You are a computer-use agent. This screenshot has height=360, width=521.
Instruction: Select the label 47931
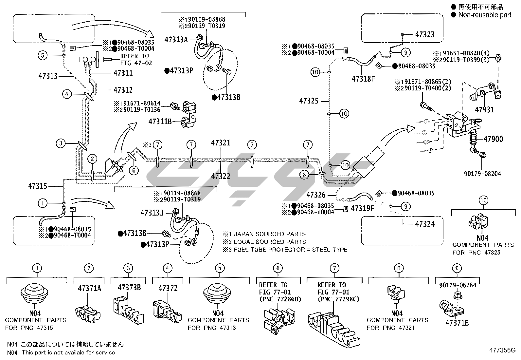[x=484, y=110]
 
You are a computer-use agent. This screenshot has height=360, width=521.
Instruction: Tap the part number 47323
[x=425, y=34]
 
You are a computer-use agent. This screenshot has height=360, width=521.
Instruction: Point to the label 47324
[x=425, y=224]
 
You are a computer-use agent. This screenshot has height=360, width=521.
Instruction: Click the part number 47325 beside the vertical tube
[x=309, y=101]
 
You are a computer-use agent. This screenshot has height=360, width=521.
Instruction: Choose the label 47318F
[x=363, y=79]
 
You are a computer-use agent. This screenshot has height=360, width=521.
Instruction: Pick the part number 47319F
[x=362, y=208]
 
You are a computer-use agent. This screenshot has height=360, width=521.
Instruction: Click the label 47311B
[x=160, y=122]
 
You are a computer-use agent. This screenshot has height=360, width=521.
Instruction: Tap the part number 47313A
[x=176, y=40]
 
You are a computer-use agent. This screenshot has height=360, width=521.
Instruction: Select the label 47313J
[x=152, y=213]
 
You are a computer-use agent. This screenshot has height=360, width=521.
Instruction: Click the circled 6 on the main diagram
[x=134, y=170]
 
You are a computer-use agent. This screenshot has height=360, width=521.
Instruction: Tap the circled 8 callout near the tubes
[x=304, y=175]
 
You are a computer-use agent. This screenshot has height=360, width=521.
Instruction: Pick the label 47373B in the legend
[x=129, y=288]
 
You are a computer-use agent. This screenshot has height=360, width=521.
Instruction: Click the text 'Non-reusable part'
[x=485, y=15]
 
